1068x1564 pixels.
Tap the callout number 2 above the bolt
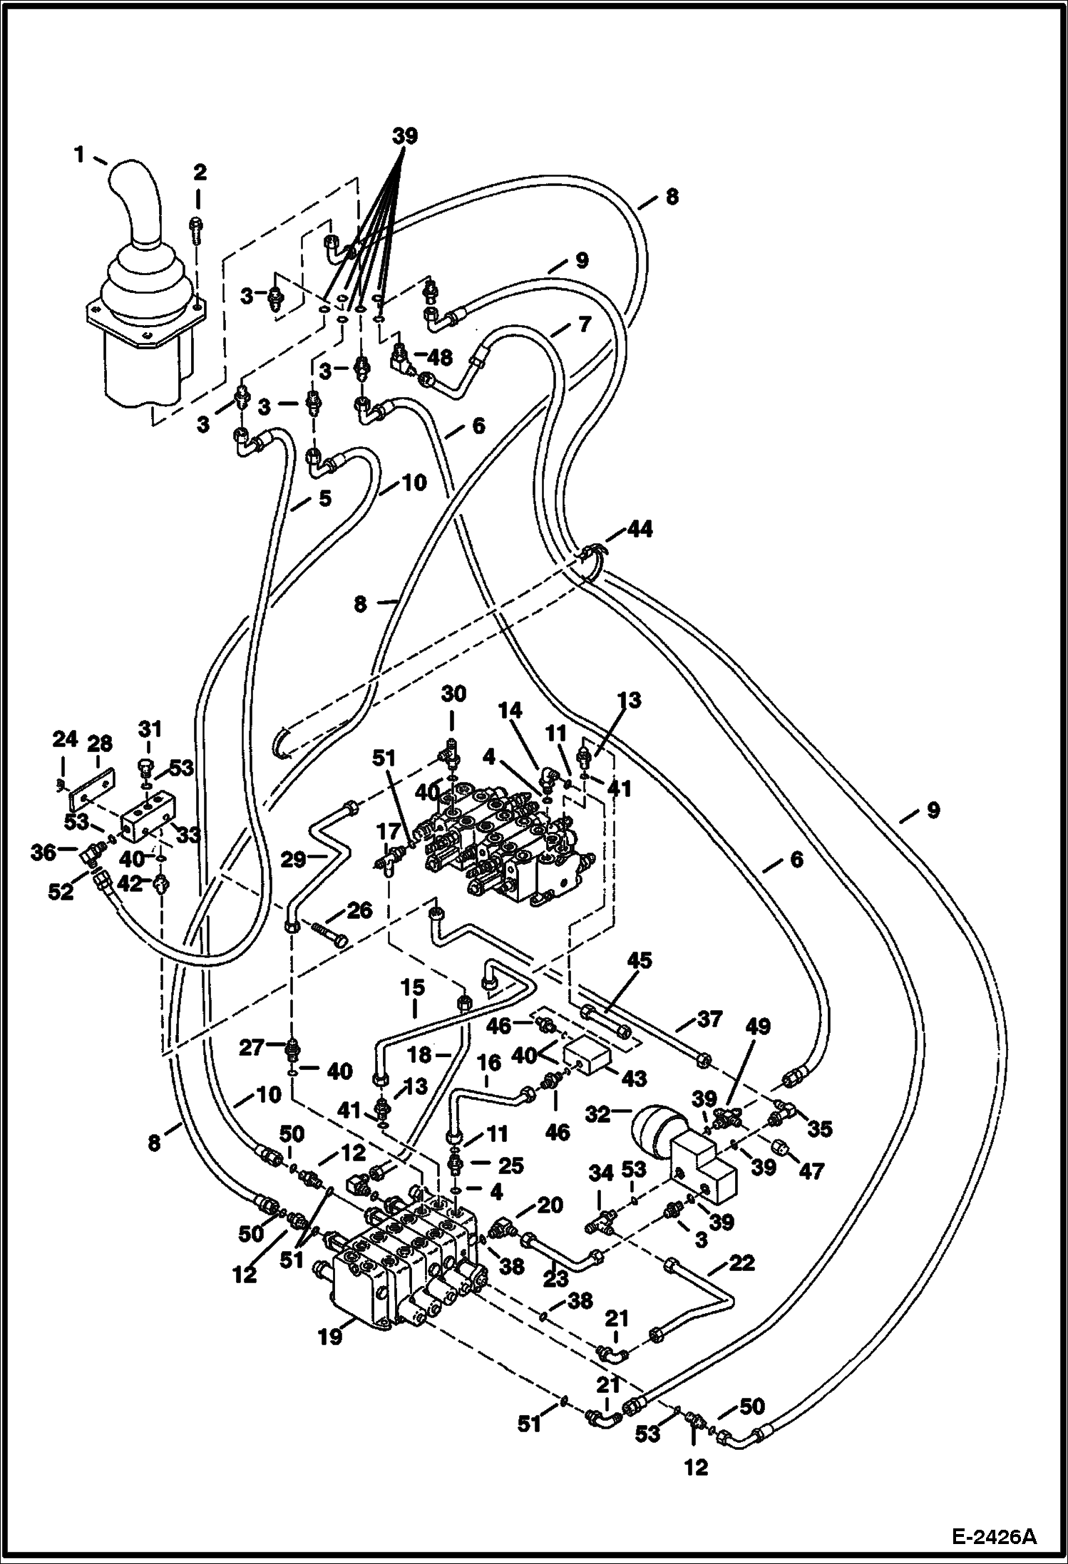200,172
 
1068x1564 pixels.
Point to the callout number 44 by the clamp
640,529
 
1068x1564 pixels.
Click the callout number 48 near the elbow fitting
440,357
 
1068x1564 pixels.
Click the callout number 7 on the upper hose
583,325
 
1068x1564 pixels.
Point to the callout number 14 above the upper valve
510,711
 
